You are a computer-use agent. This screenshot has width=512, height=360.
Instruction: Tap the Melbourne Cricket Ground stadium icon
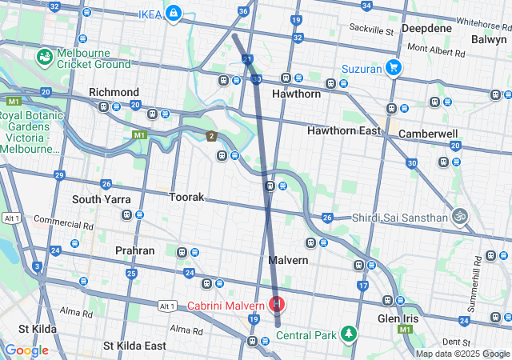point(45,58)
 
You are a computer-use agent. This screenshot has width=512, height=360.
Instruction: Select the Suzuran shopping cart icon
point(392,68)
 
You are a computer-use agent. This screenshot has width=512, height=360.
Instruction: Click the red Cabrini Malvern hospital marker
point(277,304)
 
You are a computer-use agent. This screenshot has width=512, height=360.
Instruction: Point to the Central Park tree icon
point(348,333)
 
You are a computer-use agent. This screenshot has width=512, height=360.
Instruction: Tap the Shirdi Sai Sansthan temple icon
point(459,216)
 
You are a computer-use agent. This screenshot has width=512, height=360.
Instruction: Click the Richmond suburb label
point(114,93)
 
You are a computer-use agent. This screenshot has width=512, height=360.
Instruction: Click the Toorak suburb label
point(186,197)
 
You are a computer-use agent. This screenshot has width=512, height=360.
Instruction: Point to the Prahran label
point(134,250)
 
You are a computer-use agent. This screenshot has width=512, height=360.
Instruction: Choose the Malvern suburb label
point(288,261)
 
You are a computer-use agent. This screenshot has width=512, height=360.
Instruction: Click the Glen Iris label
point(399,318)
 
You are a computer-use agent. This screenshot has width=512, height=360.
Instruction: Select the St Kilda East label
point(134,346)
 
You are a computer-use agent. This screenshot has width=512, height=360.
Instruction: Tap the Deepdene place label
point(426,28)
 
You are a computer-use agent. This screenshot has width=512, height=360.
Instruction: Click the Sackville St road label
point(372,31)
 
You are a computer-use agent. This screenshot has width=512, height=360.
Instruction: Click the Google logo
point(26,350)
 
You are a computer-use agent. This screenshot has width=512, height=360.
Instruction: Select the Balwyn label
point(488,38)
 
